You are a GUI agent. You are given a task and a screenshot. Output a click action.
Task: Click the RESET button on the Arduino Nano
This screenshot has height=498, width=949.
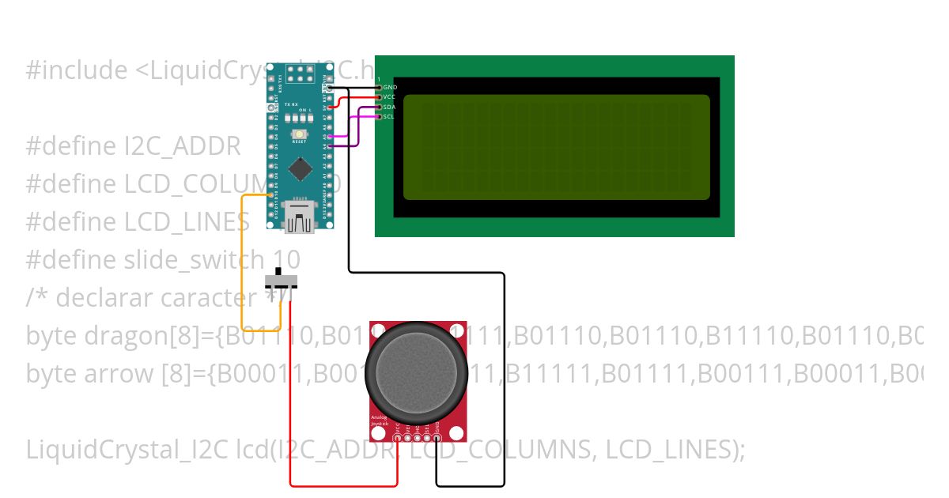[x=300, y=136]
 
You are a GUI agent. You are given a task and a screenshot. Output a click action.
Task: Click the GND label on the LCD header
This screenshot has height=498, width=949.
[x=390, y=87]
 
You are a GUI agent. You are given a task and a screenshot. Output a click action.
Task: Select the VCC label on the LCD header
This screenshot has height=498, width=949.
[x=390, y=96]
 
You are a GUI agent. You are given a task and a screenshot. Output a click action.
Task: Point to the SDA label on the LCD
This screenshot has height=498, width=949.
[x=389, y=107]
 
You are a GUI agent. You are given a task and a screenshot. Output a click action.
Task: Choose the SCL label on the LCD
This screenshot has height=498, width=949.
[x=388, y=116]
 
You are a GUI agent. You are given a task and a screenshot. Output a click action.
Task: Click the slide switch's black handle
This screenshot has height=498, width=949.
[x=278, y=273]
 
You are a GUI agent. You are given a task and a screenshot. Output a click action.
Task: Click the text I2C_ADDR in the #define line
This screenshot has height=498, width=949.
[x=183, y=147]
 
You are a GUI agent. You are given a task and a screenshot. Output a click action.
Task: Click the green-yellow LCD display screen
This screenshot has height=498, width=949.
[x=556, y=147]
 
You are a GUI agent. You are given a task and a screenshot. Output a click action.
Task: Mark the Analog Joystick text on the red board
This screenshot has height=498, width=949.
[x=380, y=421]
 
